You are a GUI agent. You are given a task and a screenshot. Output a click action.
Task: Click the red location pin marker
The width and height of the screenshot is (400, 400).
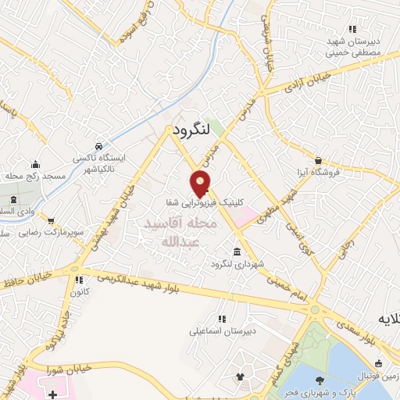(x=201, y=183)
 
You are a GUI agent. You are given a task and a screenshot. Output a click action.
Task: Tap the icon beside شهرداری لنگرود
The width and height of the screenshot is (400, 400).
(x=237, y=251)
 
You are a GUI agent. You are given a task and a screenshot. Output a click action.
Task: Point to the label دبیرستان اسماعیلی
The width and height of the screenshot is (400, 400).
(x=222, y=331)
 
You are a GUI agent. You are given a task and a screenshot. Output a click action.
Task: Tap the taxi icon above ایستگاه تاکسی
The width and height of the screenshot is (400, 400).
(x=98, y=146)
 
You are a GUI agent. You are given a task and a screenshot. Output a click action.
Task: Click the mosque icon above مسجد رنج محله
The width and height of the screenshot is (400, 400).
(x=35, y=164)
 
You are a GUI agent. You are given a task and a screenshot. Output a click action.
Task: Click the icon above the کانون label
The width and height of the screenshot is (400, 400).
(x=78, y=280)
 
